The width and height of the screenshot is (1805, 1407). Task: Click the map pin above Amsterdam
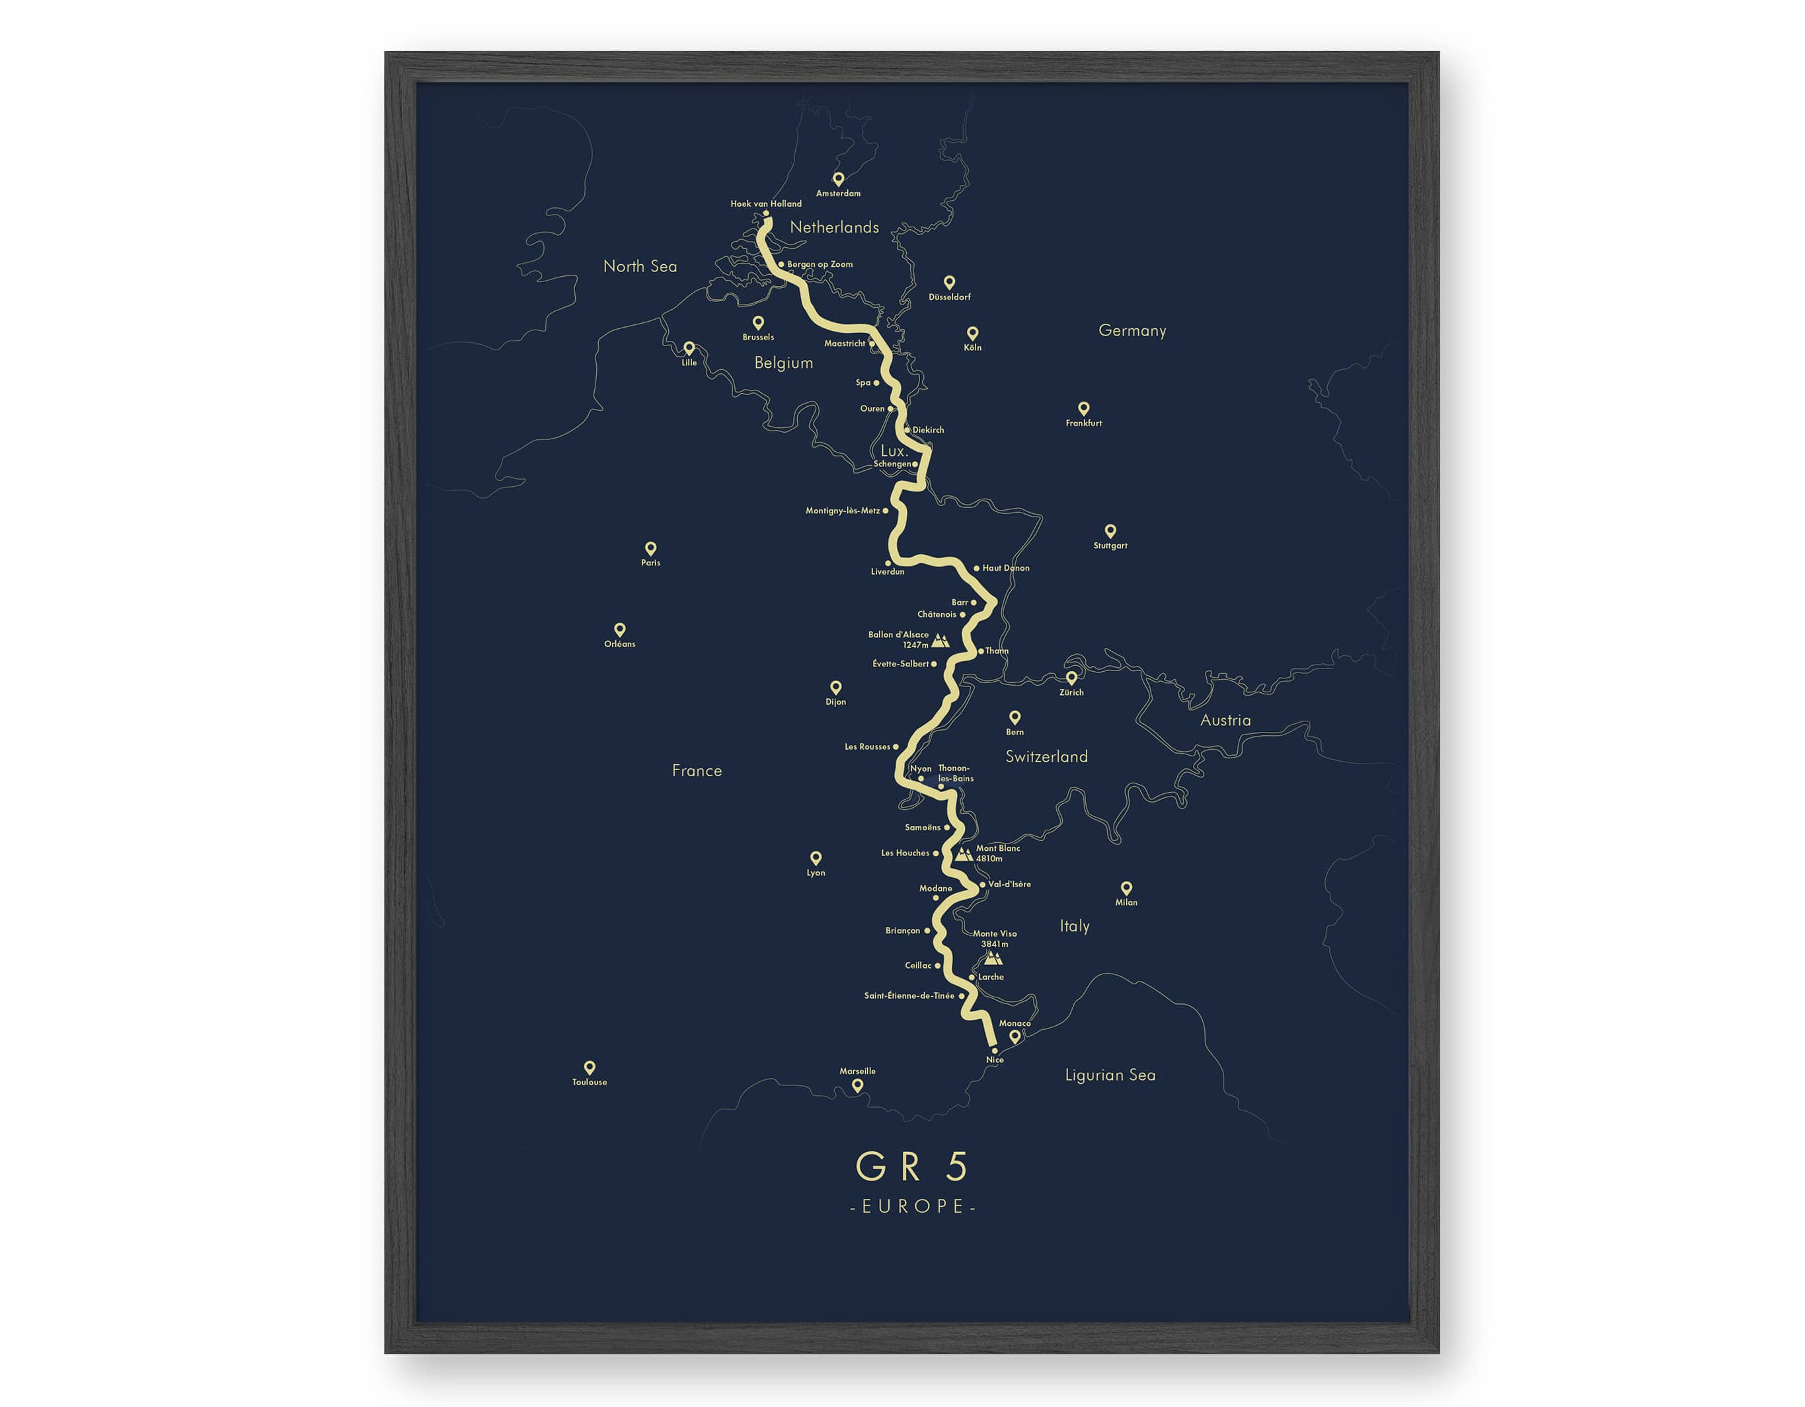tap(838, 178)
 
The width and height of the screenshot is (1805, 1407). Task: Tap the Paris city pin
tap(650, 548)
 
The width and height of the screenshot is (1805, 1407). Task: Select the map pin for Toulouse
tap(590, 1067)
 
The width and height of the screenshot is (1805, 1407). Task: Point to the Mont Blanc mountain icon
tap(964, 854)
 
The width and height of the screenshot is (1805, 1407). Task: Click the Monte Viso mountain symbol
tap(993, 958)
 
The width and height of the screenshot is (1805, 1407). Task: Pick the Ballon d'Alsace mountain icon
tap(941, 640)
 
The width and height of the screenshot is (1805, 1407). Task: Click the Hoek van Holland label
tap(765, 203)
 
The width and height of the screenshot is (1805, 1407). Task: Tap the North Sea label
tap(640, 266)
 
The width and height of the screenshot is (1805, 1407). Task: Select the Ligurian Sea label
tap(1110, 1075)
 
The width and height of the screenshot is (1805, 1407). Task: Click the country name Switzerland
tap(1046, 756)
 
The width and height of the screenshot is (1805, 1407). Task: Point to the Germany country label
tap(1132, 330)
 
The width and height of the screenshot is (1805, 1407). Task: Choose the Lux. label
tap(894, 451)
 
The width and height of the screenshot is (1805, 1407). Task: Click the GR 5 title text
tap(911, 1166)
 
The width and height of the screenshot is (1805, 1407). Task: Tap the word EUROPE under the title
tap(913, 1206)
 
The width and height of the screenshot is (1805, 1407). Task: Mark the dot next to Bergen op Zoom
tap(781, 264)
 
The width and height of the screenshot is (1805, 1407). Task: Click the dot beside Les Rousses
tap(896, 747)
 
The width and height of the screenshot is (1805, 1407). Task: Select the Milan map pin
tap(1126, 888)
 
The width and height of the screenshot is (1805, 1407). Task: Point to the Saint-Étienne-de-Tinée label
tap(909, 995)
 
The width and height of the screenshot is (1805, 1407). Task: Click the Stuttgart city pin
tap(1110, 530)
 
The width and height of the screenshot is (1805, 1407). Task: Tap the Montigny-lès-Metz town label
tap(842, 511)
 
